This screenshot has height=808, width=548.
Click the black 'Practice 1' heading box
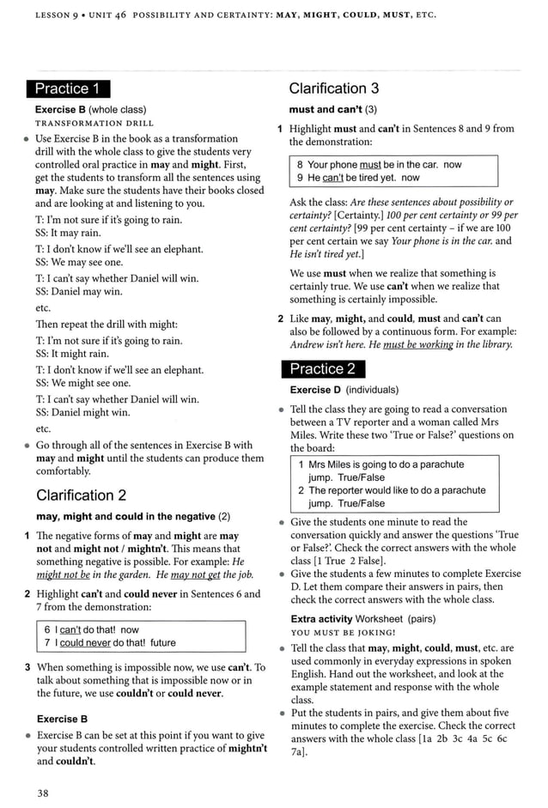68,88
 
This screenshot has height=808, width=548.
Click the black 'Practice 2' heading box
322,369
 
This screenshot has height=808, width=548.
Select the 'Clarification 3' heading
333,88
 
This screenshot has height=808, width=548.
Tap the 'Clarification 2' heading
82,495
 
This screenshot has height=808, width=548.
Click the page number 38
42,793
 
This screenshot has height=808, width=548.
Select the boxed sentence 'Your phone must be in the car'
379,164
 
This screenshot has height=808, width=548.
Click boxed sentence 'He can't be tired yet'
358,178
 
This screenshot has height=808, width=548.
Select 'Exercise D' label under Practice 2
317,390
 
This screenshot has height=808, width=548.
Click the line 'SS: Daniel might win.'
82,413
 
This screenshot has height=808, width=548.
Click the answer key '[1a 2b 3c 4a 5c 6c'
447,738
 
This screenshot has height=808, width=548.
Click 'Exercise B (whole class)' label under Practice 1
90,110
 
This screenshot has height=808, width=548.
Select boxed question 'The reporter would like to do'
392,490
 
